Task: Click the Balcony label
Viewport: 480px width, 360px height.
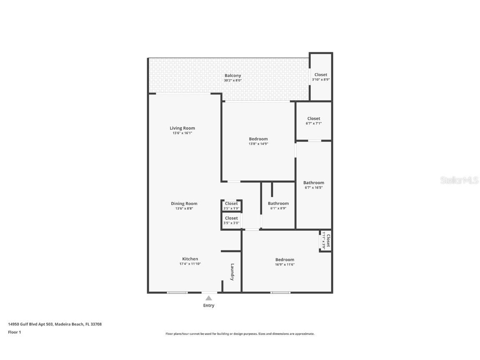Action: [x=232, y=75]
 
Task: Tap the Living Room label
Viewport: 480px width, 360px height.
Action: [x=182, y=128]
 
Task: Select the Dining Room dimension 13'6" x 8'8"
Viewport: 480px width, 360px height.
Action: [x=184, y=208]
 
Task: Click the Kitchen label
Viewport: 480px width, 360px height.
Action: [x=190, y=259]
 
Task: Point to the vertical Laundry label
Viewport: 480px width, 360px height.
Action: [x=232, y=272]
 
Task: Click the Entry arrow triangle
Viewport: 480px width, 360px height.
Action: [x=209, y=297]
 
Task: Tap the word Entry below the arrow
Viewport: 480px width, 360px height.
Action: [x=209, y=305]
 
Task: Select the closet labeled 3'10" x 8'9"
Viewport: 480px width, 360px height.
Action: [x=321, y=77]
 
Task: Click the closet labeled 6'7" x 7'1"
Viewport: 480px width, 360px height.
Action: [x=314, y=121]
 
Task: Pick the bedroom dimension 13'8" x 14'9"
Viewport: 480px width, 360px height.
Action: [x=258, y=144]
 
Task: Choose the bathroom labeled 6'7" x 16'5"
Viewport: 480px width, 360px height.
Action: [x=313, y=185]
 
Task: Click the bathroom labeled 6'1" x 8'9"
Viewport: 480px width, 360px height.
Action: [x=278, y=206]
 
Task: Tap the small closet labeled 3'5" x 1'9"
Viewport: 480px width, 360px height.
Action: [x=231, y=206]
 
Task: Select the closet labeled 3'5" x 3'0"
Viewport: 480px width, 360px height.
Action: [x=231, y=220]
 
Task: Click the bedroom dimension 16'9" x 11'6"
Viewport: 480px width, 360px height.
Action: [x=285, y=264]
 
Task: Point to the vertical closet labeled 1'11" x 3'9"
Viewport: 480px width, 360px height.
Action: [x=326, y=241]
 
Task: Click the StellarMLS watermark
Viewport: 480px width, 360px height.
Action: [x=459, y=180]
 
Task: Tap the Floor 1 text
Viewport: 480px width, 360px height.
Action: [x=14, y=332]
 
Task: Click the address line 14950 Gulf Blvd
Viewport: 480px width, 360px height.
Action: [x=55, y=324]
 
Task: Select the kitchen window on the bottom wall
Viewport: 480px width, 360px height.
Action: [x=177, y=292]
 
